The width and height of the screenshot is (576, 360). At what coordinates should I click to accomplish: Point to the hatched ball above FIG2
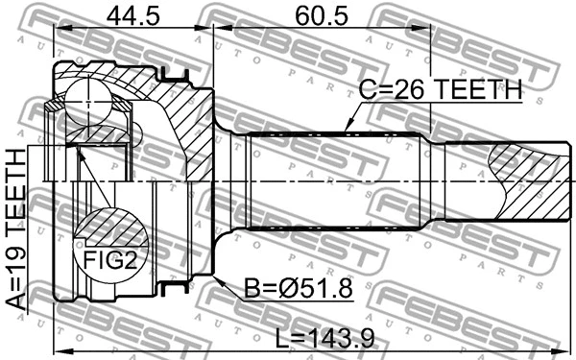106,227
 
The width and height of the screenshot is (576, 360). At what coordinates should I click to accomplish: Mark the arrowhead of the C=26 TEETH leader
345,130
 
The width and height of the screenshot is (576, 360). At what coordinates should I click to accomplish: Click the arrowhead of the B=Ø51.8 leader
219,278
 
